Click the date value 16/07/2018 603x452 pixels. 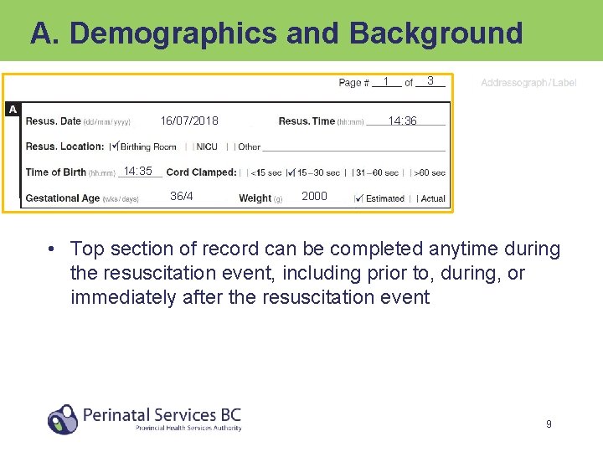[x=189, y=121]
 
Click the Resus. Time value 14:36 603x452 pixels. [x=402, y=121]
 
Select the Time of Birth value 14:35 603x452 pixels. [x=137, y=172]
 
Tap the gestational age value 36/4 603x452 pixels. [x=182, y=197]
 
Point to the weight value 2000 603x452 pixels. [x=314, y=197]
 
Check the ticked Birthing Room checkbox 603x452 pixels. [x=115, y=146]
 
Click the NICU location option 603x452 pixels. [x=206, y=146]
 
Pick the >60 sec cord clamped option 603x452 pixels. [x=430, y=172]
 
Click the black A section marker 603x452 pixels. [x=12, y=110]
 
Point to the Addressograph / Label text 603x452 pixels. [x=528, y=83]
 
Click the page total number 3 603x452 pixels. [x=430, y=81]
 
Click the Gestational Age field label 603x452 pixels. [x=63, y=198]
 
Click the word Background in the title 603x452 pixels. [x=435, y=33]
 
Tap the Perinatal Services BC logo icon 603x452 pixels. [x=63, y=419]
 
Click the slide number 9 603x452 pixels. [x=549, y=424]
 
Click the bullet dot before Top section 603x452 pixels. [x=52, y=249]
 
